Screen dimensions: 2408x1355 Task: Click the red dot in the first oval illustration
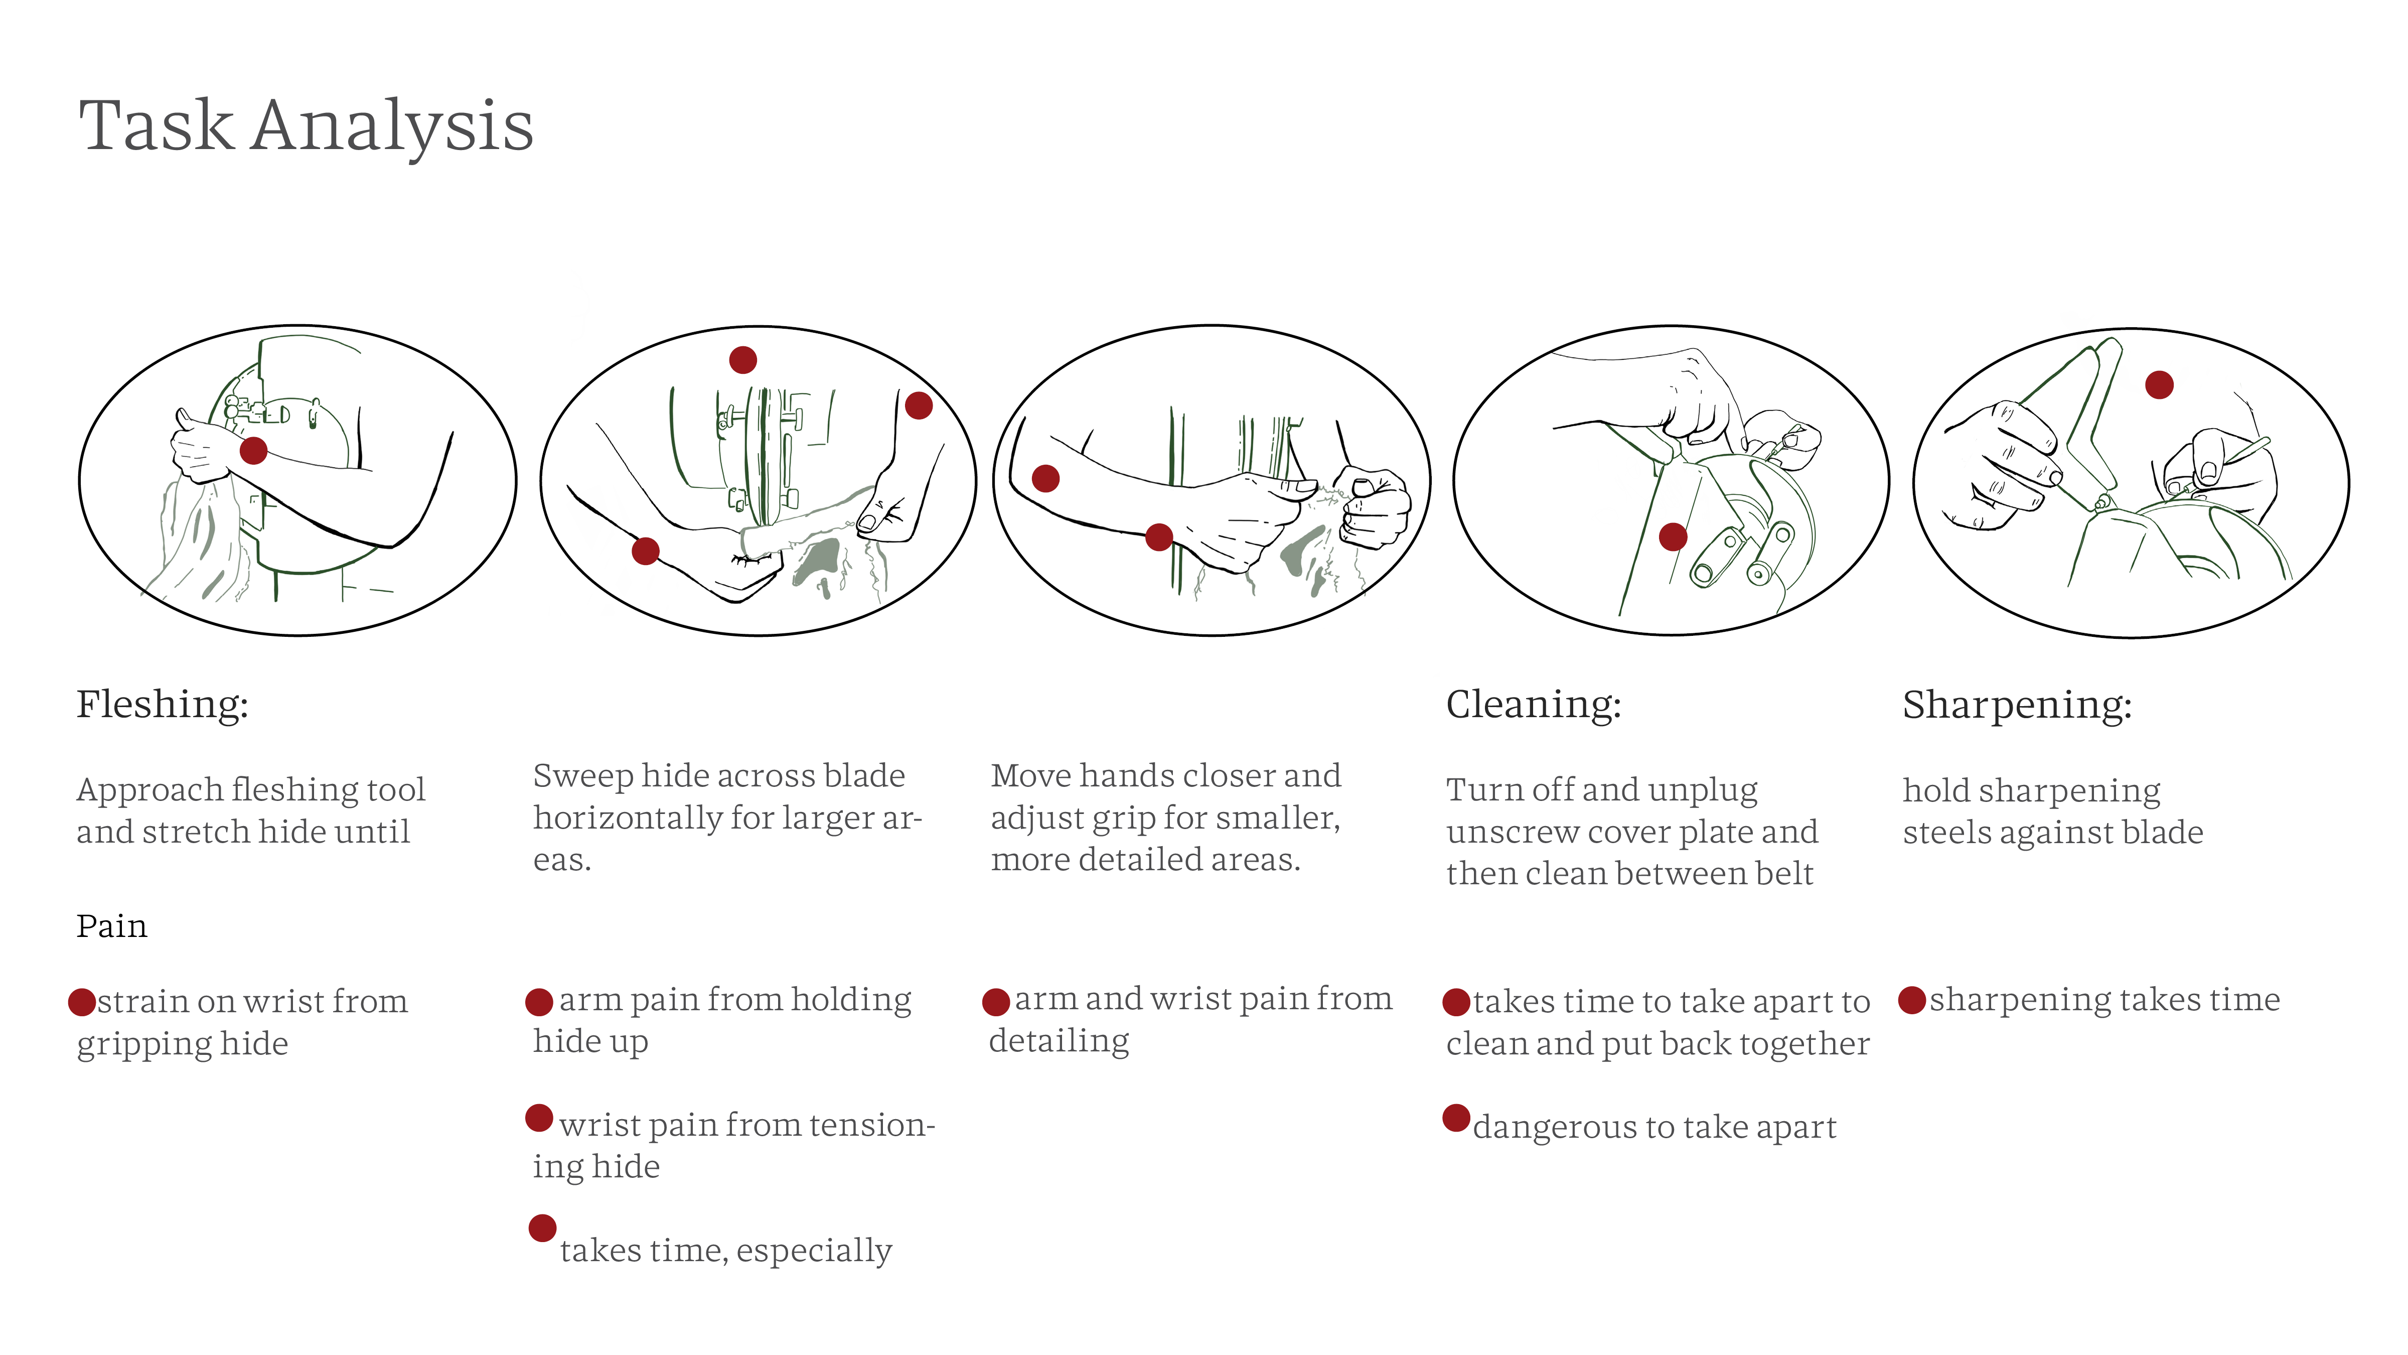point(253,451)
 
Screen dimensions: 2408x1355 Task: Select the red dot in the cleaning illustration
point(1673,537)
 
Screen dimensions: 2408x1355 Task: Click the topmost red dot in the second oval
point(743,360)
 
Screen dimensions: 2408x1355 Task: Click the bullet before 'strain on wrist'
point(82,1003)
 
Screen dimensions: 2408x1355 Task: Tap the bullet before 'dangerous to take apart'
point(1456,1118)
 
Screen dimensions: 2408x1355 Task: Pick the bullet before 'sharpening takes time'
point(1912,1000)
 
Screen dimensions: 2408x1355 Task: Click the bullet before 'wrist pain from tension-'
point(539,1118)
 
